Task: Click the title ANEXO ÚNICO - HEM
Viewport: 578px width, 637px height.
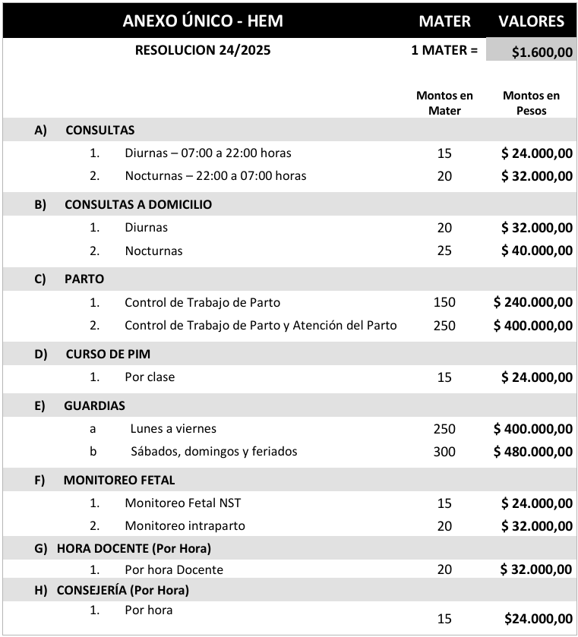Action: (x=203, y=20)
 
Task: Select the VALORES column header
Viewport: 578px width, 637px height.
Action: (x=531, y=20)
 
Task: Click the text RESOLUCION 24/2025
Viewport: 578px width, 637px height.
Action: (x=203, y=51)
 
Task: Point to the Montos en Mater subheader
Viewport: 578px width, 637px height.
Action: (x=444, y=102)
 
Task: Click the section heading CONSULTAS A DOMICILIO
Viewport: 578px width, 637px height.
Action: (x=138, y=204)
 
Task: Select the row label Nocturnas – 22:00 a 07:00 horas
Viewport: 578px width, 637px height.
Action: (x=216, y=175)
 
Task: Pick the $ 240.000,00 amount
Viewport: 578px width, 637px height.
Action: (x=532, y=302)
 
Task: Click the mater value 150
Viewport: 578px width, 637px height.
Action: (x=444, y=302)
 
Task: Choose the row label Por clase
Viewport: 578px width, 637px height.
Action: (x=150, y=377)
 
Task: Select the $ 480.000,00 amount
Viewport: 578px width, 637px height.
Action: (x=532, y=452)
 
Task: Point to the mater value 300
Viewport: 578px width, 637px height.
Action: (x=444, y=452)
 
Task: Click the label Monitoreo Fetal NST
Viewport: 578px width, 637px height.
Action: (x=183, y=503)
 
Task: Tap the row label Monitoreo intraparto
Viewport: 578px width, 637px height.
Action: (x=185, y=525)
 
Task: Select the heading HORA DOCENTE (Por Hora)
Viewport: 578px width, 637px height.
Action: (x=134, y=548)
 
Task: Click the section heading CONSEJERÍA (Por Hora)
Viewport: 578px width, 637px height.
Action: (x=123, y=590)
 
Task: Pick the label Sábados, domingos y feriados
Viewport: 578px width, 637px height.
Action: (x=214, y=451)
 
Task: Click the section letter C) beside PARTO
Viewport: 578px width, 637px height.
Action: (x=41, y=279)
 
